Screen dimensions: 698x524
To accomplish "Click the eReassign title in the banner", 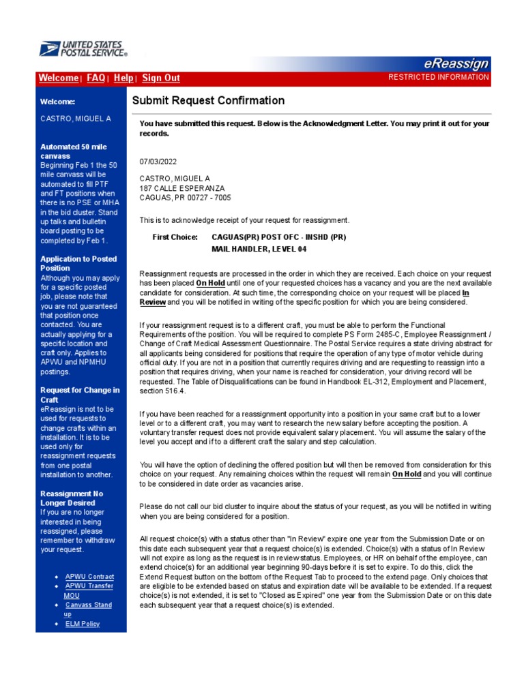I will click(x=456, y=64).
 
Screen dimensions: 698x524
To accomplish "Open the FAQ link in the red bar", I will click(x=96, y=78).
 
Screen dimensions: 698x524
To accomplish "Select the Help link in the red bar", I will click(x=123, y=78).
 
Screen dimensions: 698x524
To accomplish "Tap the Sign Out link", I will click(x=161, y=78).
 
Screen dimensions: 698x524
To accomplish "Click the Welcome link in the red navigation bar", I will click(x=58, y=78).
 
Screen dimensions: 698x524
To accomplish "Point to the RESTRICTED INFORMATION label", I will click(x=438, y=78).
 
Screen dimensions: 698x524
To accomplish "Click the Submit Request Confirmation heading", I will click(x=208, y=101).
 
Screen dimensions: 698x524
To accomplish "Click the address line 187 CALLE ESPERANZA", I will click(x=181, y=188).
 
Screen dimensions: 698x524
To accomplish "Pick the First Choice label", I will click(x=175, y=237).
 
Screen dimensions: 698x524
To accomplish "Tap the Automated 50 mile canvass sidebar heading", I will click(x=73, y=151).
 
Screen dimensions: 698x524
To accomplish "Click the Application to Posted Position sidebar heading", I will click(x=78, y=263).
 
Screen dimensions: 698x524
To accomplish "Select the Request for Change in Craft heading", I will click(x=80, y=395).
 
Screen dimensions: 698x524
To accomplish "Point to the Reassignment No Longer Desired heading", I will click(x=72, y=498).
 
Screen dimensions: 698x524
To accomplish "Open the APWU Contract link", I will click(x=89, y=577).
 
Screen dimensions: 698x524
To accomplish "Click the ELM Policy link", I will click(x=82, y=624).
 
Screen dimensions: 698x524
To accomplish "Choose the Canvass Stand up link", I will click(x=88, y=605).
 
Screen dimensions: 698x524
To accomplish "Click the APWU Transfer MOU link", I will click(x=89, y=586).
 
